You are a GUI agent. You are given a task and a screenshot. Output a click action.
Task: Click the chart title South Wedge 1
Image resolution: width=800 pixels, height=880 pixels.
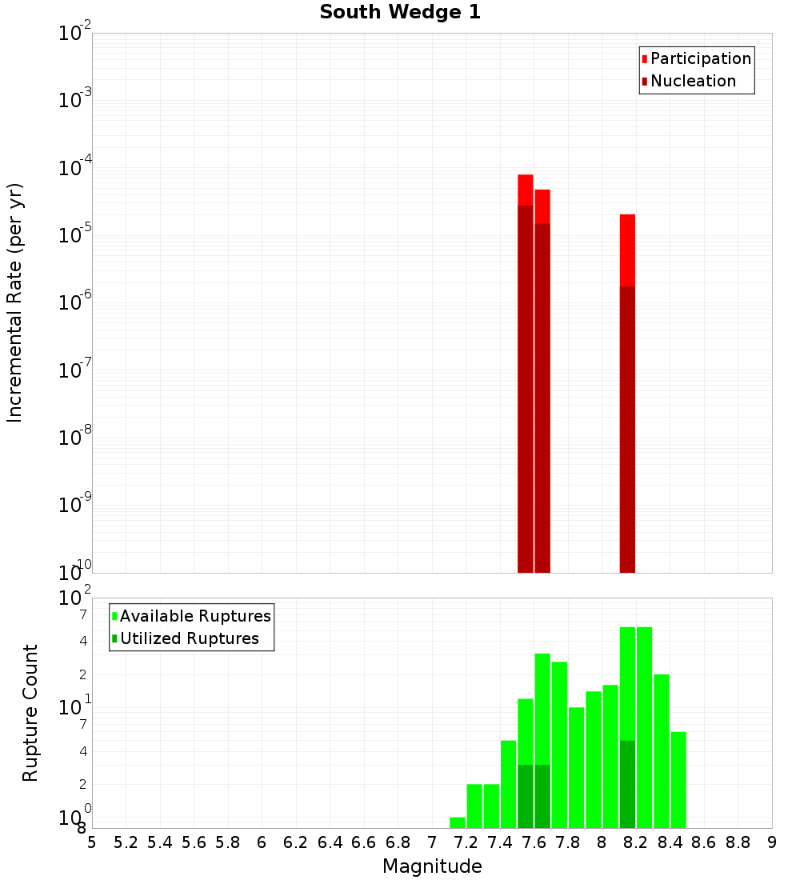click(400, 13)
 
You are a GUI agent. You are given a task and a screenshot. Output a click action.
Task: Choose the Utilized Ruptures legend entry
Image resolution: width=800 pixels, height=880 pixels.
click(189, 638)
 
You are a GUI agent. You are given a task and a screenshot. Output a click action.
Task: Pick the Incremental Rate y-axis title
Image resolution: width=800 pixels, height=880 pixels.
click(15, 302)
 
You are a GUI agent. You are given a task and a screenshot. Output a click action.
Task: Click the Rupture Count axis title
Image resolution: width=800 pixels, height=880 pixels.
click(30, 712)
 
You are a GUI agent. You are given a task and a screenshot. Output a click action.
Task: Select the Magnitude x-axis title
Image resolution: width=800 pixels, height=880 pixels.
click(432, 866)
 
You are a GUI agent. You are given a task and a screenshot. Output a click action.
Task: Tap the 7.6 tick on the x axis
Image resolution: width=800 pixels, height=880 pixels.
click(534, 842)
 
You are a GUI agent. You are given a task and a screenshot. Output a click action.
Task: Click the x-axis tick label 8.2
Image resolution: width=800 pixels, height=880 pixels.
click(636, 842)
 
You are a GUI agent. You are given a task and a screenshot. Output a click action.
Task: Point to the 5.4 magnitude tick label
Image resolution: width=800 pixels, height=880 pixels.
click(160, 842)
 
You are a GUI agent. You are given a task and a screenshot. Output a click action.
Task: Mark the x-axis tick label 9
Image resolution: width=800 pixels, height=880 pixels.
click(772, 842)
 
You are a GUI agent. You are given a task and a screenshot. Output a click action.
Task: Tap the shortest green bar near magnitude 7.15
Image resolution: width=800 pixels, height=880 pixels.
click(458, 822)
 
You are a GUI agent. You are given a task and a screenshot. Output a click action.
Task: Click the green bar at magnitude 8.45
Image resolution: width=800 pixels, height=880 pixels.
click(678, 779)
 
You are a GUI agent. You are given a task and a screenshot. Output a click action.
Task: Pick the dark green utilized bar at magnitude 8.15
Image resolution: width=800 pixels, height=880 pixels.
click(627, 784)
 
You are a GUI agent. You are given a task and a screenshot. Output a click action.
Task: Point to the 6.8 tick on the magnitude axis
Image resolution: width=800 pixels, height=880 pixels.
click(398, 842)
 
